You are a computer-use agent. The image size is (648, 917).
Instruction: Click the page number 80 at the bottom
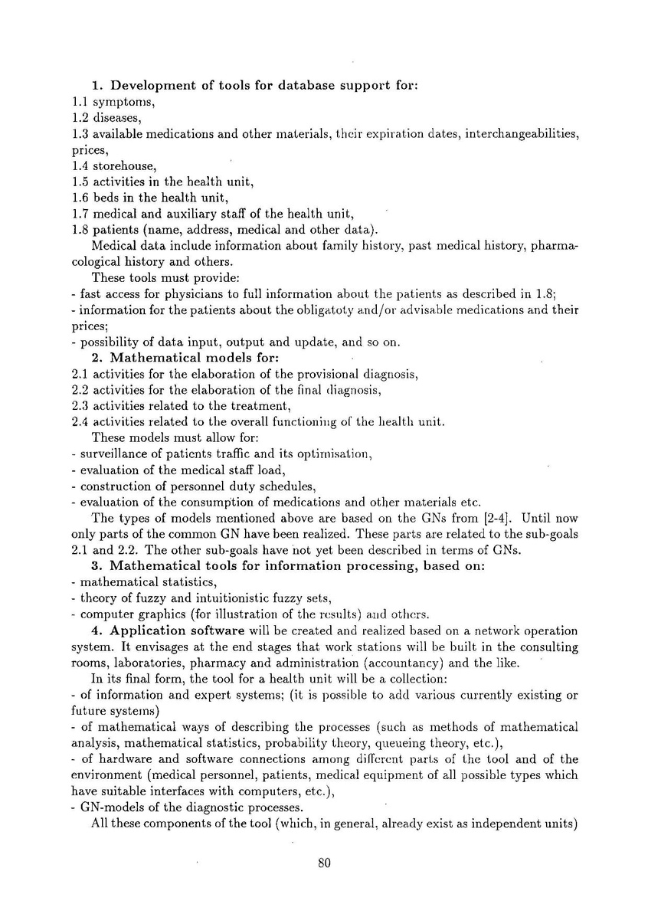coord(323,863)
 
